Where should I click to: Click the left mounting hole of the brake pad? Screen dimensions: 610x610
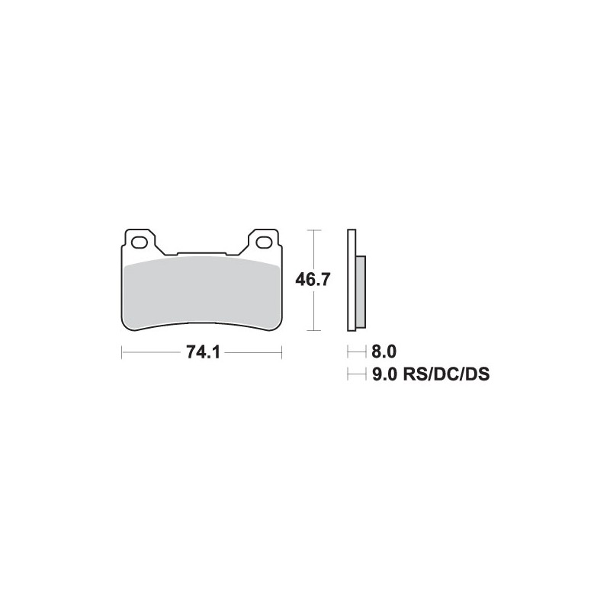click(140, 243)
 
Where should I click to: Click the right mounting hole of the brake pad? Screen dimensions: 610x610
click(265, 243)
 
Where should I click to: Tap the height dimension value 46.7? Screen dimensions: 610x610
click(312, 280)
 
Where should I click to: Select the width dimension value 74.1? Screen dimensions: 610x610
click(202, 353)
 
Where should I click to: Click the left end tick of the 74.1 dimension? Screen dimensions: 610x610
click(122, 353)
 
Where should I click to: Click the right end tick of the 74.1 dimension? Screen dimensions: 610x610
click(282, 353)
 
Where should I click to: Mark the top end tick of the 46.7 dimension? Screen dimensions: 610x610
click(312, 229)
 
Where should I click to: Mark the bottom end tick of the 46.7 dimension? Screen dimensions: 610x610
click(312, 331)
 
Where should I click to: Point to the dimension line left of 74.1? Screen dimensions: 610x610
click(152, 353)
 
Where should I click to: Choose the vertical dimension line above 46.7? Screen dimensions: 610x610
click(312, 250)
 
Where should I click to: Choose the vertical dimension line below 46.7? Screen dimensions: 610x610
click(312, 310)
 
